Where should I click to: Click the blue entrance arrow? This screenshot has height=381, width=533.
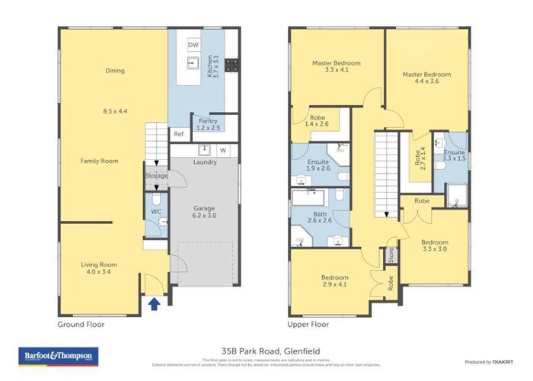tap(155, 305)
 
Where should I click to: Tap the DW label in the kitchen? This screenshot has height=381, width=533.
tap(193, 46)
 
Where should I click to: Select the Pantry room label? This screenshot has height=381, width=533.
tap(209, 124)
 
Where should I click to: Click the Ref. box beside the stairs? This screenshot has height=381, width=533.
tap(179, 135)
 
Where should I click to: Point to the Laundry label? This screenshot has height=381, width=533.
tap(206, 162)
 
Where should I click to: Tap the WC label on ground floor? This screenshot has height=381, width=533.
tap(155, 211)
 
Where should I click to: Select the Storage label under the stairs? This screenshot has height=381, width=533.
tap(157, 176)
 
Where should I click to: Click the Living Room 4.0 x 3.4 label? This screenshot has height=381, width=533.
tap(100, 268)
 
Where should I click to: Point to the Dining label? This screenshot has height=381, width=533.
tap(114, 71)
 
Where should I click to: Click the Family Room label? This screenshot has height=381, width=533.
tap(100, 162)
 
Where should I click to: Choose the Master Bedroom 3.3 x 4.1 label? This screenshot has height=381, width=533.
tap(337, 66)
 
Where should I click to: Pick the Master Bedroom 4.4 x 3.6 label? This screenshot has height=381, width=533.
tap(426, 78)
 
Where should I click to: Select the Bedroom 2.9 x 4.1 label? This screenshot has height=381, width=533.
tap(335, 281)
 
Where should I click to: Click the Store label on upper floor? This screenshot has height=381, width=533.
tap(391, 255)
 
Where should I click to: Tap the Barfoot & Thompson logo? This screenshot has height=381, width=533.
tap(51, 356)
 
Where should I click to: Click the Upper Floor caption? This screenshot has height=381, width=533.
tap(308, 324)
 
